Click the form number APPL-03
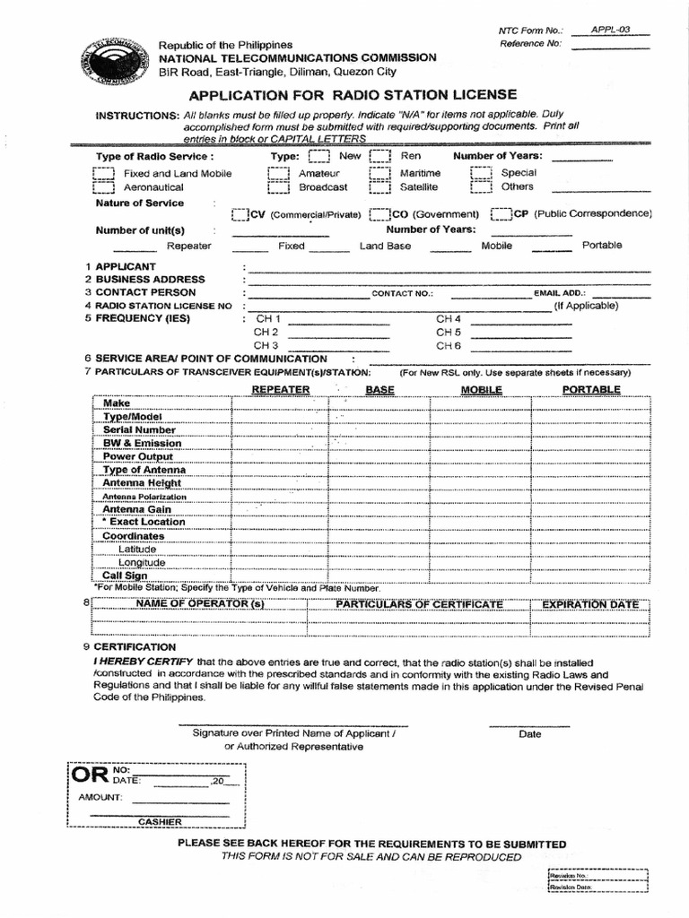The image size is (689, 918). click(610, 30)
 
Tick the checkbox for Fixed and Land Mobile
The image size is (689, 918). click(104, 173)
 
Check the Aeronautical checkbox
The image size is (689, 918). click(104, 187)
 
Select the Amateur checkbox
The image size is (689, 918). click(278, 173)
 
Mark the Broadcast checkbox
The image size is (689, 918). click(278, 187)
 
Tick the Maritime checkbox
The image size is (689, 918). click(380, 173)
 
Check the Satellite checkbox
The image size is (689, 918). click(380, 187)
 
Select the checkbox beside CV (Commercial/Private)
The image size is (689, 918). click(239, 215)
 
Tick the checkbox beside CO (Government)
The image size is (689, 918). click(378, 215)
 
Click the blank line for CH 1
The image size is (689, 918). click(339, 320)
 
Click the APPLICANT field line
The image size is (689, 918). click(449, 268)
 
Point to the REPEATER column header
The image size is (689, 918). click(281, 389)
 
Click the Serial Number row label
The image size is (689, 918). click(139, 429)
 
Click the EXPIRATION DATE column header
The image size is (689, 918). click(591, 605)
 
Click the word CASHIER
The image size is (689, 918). click(160, 821)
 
